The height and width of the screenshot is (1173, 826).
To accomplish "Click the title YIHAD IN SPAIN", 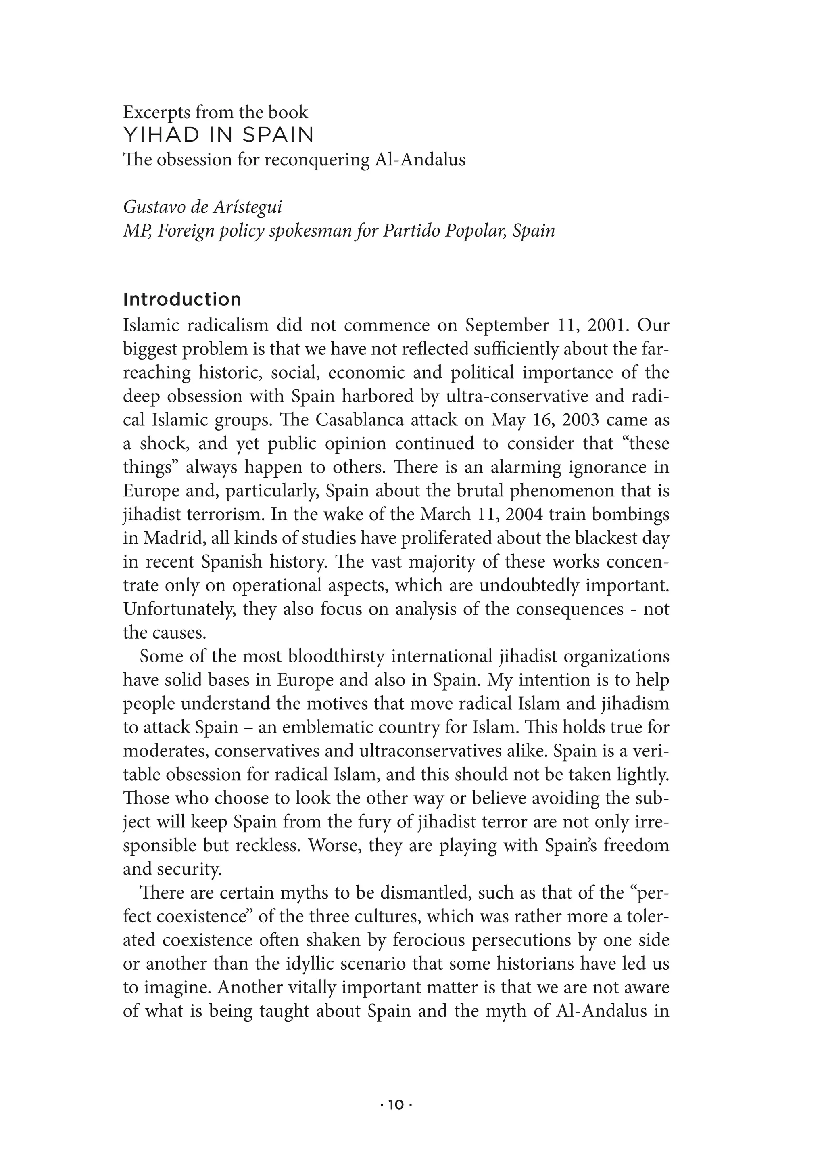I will [219, 135].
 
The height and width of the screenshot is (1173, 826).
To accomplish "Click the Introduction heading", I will [182, 300].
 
